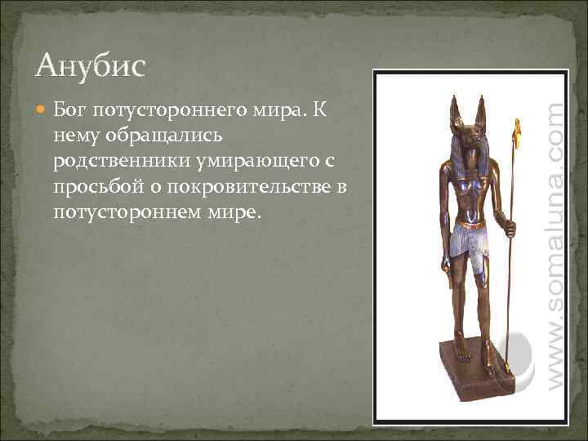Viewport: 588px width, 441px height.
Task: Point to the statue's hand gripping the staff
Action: click(x=510, y=229)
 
